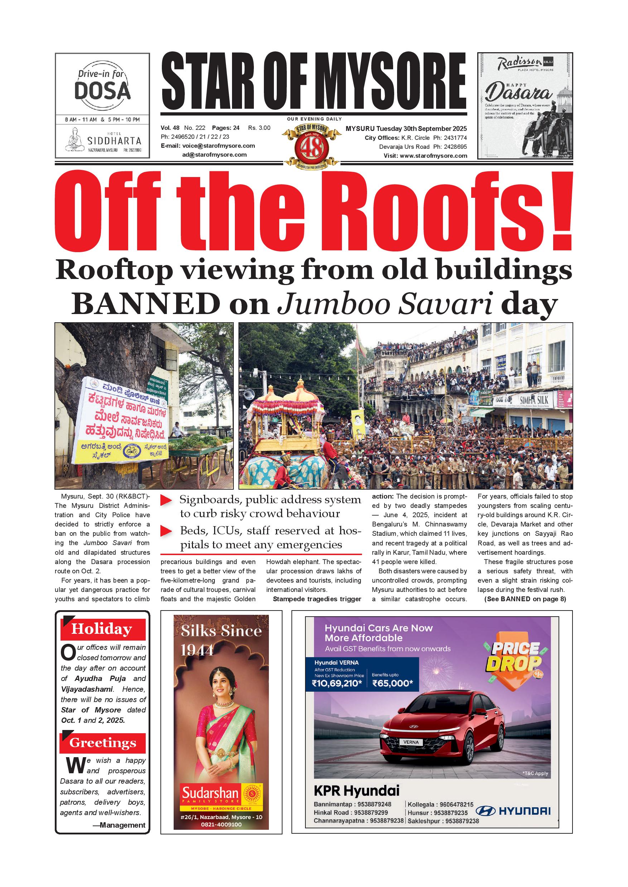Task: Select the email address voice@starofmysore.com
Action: (x=218, y=146)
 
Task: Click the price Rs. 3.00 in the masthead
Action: (x=259, y=128)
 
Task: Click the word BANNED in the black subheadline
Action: (x=146, y=304)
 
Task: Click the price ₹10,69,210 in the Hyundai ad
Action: (x=337, y=683)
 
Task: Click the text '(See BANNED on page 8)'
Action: (x=525, y=599)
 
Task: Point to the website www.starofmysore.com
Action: (x=433, y=156)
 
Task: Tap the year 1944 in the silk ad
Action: (x=197, y=651)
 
